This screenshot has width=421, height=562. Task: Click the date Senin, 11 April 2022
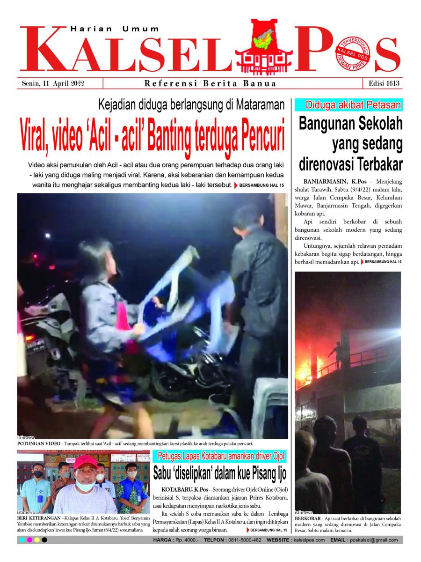pyautogui.click(x=56, y=83)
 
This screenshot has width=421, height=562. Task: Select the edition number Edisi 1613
pyautogui.click(x=382, y=83)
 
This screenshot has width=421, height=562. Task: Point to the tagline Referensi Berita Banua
pyautogui.click(x=210, y=84)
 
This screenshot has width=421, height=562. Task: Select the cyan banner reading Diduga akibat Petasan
pyautogui.click(x=348, y=105)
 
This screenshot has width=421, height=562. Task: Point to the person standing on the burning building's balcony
pyautogui.click(x=335, y=355)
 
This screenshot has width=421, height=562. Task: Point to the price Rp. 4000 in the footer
pyautogui.click(x=184, y=540)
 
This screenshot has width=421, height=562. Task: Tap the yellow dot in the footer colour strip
pyautogui.click(x=37, y=540)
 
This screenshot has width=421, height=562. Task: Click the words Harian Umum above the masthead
pyautogui.click(x=115, y=29)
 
